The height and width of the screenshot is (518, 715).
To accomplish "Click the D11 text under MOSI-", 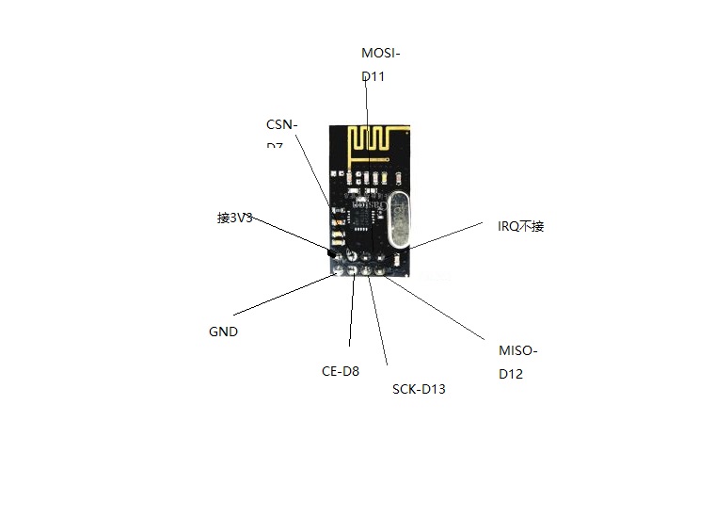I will click(373, 76).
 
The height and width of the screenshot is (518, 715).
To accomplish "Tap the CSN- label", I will click(282, 125).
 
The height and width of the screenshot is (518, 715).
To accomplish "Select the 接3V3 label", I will click(234, 218).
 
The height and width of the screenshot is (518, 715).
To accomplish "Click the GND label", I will click(223, 332).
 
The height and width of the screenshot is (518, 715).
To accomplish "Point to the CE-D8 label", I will click(341, 371).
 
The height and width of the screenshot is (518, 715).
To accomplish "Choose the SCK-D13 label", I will click(419, 389).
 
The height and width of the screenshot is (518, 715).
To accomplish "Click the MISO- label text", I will click(518, 351).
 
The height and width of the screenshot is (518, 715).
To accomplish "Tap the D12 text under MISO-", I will click(512, 374).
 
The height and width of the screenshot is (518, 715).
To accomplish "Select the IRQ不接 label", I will click(521, 226).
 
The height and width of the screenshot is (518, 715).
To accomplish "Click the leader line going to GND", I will click(282, 294).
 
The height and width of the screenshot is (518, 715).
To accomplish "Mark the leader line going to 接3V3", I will click(292, 235).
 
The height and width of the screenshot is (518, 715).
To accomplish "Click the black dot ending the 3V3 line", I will click(331, 252).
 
